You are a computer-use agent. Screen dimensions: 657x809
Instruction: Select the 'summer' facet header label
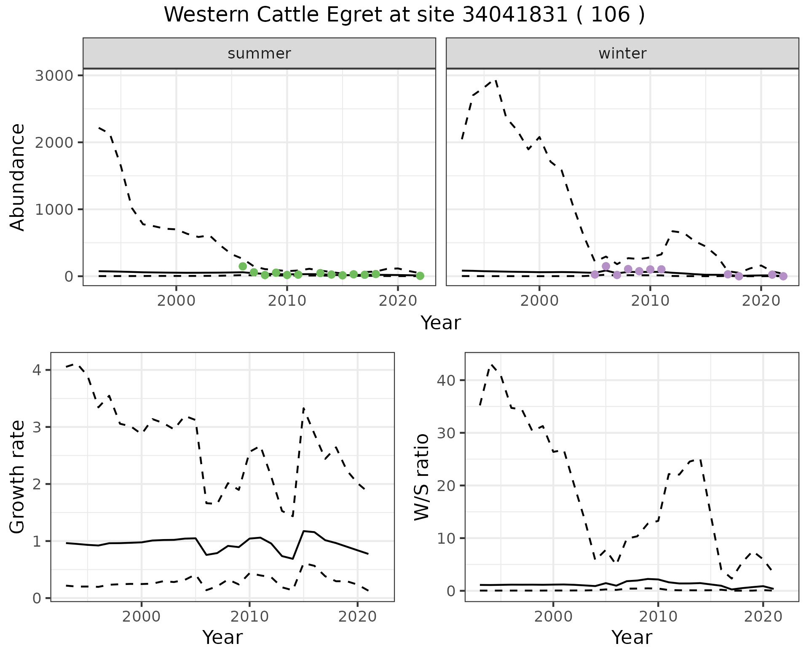click(x=259, y=53)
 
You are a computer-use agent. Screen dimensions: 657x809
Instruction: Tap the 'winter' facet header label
click(x=622, y=53)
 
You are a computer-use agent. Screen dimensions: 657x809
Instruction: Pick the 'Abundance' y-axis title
click(x=18, y=177)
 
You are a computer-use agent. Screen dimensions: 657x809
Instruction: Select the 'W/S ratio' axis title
click(x=422, y=477)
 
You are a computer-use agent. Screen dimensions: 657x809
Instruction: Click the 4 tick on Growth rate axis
click(x=37, y=370)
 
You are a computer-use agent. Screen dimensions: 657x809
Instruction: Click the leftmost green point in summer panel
click(x=243, y=266)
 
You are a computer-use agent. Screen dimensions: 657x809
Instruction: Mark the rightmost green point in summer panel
click(x=420, y=276)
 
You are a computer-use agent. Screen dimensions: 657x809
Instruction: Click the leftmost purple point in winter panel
click(x=595, y=275)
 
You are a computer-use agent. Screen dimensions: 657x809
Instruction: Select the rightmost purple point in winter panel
click(x=783, y=276)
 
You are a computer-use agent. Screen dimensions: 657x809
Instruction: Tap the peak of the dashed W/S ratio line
click(x=492, y=364)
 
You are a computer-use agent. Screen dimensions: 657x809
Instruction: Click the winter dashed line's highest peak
click(x=496, y=79)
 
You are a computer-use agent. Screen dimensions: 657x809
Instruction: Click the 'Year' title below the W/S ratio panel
click(x=632, y=637)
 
